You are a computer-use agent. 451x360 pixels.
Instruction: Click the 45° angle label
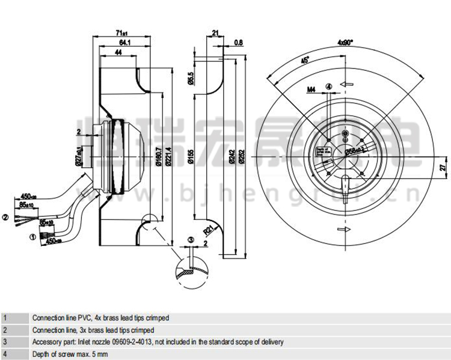(x=305, y=61)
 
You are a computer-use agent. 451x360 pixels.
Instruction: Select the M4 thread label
(x=311, y=90)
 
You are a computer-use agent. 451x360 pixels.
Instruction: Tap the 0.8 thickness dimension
(x=238, y=42)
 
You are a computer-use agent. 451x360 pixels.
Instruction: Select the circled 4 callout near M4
(x=328, y=86)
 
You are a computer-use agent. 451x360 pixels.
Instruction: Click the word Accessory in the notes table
(x=45, y=341)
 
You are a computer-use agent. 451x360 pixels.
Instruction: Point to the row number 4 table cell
(x=5, y=353)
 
